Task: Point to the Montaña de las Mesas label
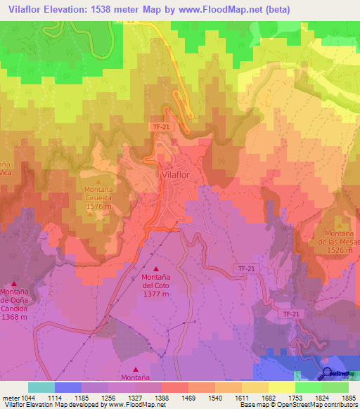(338, 238)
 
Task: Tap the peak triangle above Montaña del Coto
(156, 268)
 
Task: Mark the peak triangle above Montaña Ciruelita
(98, 182)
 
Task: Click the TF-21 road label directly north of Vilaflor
(161, 126)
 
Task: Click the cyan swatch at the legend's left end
(41, 387)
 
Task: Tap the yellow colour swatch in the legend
(281, 387)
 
